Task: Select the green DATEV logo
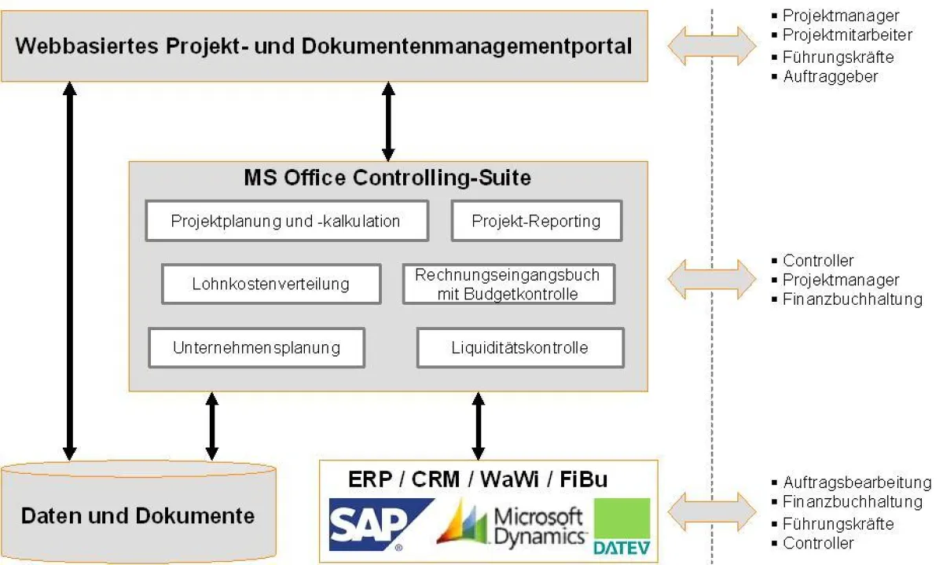[x=622, y=526]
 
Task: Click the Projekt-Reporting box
[x=536, y=221]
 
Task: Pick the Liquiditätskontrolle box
[x=519, y=347]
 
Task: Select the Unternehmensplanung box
[x=257, y=347]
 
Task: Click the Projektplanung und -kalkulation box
[x=286, y=221]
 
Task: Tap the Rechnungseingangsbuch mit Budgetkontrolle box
[x=508, y=284]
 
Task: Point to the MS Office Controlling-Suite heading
[x=387, y=178]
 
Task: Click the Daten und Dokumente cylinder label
[x=138, y=515]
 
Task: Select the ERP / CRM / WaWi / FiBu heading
[x=478, y=479]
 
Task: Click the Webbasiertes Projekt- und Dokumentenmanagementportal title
[x=324, y=46]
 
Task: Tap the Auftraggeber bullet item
[x=830, y=76]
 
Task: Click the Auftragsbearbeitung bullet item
[x=857, y=482]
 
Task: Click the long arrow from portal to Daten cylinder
[x=70, y=271]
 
